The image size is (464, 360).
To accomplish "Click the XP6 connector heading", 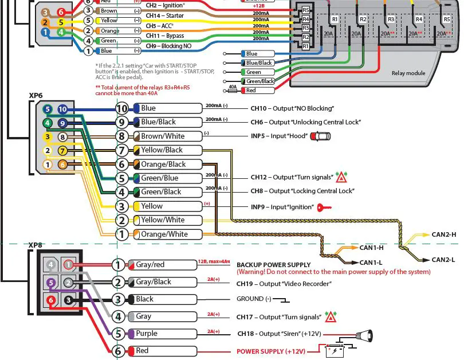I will (x=36, y=95).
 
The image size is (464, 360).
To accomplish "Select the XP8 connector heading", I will (x=36, y=245).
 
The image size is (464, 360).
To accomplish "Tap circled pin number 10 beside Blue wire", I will (x=122, y=108).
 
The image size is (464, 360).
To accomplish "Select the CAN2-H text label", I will (x=443, y=234).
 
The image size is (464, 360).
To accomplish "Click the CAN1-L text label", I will (x=371, y=263).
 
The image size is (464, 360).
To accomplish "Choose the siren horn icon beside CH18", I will (x=365, y=334).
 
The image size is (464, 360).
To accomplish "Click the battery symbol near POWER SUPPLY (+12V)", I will (x=336, y=350).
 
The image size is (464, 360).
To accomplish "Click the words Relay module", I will (x=408, y=73).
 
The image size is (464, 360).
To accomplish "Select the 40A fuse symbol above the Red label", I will (x=233, y=89).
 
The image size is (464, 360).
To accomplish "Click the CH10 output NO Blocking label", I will (x=292, y=108).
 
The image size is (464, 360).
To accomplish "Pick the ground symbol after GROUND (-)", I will (x=281, y=299).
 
